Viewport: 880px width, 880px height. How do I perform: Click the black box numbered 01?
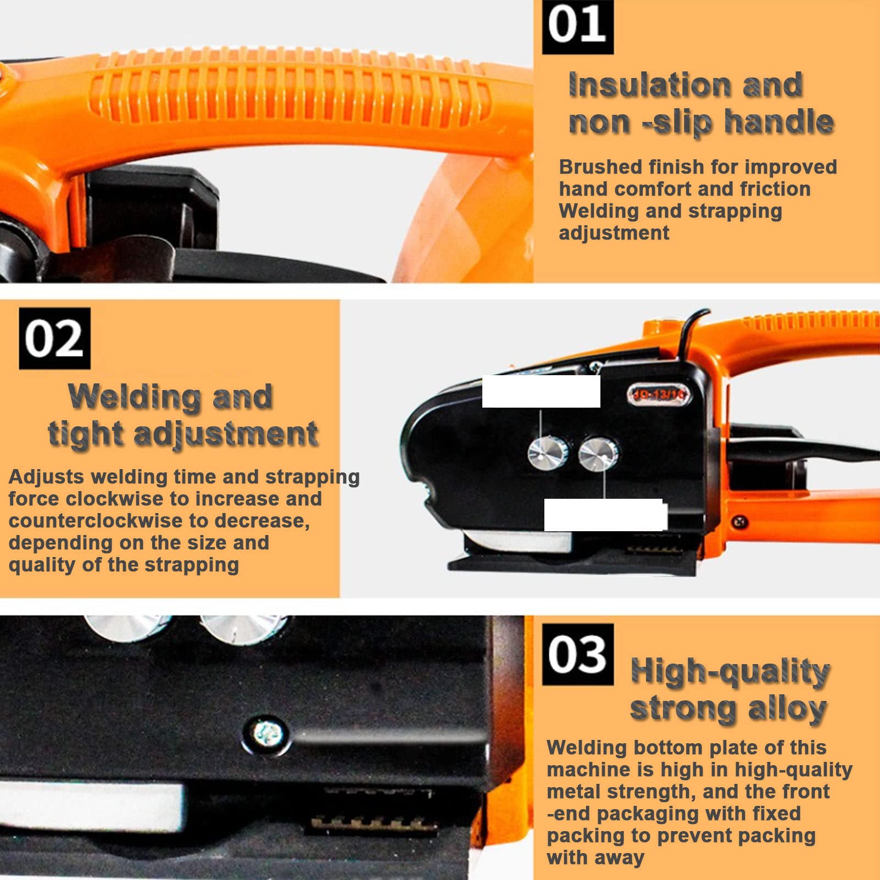pyautogui.click(x=578, y=27)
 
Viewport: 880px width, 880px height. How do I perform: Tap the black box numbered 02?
pyautogui.click(x=54, y=338)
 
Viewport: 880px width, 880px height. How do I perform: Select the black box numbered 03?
pyautogui.click(x=578, y=654)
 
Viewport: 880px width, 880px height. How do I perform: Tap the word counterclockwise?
pyautogui.click(x=96, y=520)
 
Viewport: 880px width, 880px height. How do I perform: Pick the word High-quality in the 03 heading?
pyautogui.click(x=730, y=672)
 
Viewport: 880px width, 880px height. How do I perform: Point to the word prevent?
pyautogui.click(x=694, y=836)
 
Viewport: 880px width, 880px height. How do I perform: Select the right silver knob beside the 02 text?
pyautogui.click(x=598, y=454)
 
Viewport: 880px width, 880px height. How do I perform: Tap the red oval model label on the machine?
pyautogui.click(x=659, y=394)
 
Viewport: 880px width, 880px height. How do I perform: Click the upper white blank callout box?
pyautogui.click(x=541, y=391)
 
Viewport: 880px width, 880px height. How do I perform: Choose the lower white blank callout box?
pyautogui.click(x=605, y=515)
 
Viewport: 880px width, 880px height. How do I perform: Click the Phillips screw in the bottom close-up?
pyautogui.click(x=268, y=732)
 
